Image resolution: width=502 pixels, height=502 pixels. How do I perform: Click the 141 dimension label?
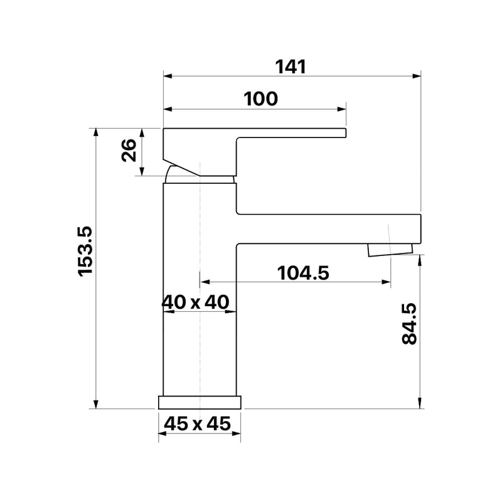pos(291,67)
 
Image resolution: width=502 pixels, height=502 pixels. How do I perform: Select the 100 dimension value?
pos(260,99)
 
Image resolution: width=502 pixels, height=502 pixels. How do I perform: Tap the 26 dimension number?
pos(129,150)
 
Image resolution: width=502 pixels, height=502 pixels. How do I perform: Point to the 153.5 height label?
pos(85,251)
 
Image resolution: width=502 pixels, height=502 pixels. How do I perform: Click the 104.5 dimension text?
pos(303,273)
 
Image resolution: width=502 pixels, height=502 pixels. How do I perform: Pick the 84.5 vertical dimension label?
pos(409,324)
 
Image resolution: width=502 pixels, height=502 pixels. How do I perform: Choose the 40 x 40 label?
pos(195,302)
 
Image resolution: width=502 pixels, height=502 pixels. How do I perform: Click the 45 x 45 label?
pos(197,424)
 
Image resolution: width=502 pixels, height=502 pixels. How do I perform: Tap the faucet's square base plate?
pos(200,402)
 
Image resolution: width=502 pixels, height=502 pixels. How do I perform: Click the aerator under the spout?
pos(390,250)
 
